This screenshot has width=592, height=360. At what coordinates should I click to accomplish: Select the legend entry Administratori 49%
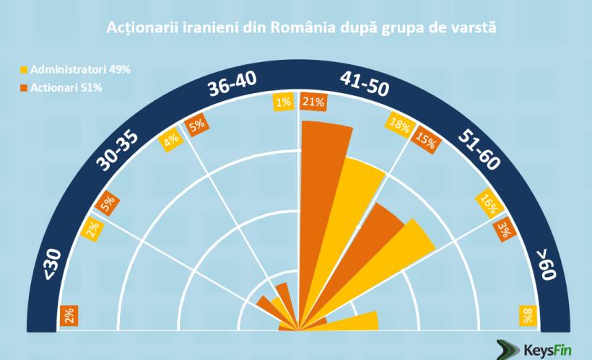[x=75, y=71]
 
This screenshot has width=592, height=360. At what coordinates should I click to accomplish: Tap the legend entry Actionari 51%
[x=66, y=88]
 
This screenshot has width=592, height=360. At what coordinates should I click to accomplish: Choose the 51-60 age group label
[x=477, y=152]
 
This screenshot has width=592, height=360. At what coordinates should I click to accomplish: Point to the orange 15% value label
[x=424, y=139]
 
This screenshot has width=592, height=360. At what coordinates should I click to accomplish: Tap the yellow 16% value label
[x=489, y=204]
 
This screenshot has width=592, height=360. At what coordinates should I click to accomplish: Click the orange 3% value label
[x=504, y=229]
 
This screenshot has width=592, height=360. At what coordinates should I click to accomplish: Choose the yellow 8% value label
[x=528, y=315]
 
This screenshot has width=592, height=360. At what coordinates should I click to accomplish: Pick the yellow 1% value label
[x=283, y=102]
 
